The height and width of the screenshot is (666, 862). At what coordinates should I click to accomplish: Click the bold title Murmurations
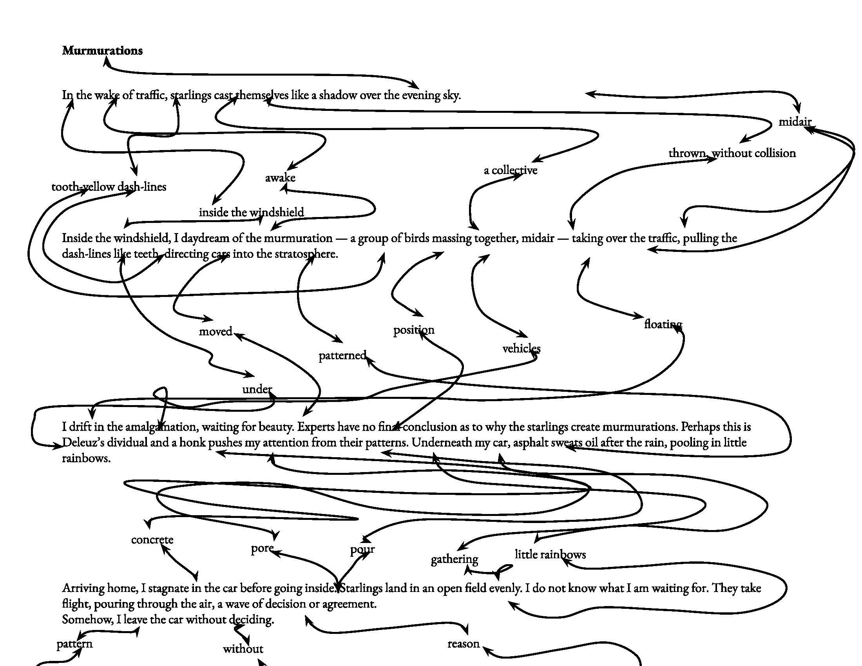[x=102, y=51]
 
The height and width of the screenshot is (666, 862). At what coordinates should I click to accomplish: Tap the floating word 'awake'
[x=280, y=178]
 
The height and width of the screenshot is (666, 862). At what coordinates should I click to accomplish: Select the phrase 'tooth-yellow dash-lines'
[x=109, y=186]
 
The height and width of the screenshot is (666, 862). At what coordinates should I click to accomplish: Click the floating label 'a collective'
[x=510, y=170]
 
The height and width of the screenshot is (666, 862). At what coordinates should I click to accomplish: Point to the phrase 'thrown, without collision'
[x=732, y=153]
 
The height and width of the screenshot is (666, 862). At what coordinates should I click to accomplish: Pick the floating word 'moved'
[x=215, y=331]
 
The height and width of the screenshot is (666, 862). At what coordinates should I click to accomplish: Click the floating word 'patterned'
[x=342, y=355]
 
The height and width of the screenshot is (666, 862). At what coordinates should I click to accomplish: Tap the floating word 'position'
[x=414, y=329]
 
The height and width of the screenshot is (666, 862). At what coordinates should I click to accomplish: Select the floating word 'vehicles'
[x=521, y=348]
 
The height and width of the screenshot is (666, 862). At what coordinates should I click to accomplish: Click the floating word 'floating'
[x=663, y=324]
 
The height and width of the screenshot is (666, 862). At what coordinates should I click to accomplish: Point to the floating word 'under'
[x=257, y=389]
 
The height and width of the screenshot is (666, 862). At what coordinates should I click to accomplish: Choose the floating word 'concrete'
[x=152, y=539]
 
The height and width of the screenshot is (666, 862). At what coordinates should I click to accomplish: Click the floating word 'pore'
[x=262, y=548]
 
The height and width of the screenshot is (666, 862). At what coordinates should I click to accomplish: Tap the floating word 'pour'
[x=362, y=549]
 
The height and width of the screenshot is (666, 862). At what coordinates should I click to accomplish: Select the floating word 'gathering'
[x=454, y=559]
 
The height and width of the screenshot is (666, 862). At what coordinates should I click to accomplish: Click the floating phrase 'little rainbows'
[x=550, y=554]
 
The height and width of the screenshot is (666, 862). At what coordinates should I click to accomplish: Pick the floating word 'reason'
[x=464, y=644]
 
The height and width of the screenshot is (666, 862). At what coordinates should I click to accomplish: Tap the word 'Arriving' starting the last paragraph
[x=83, y=588]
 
